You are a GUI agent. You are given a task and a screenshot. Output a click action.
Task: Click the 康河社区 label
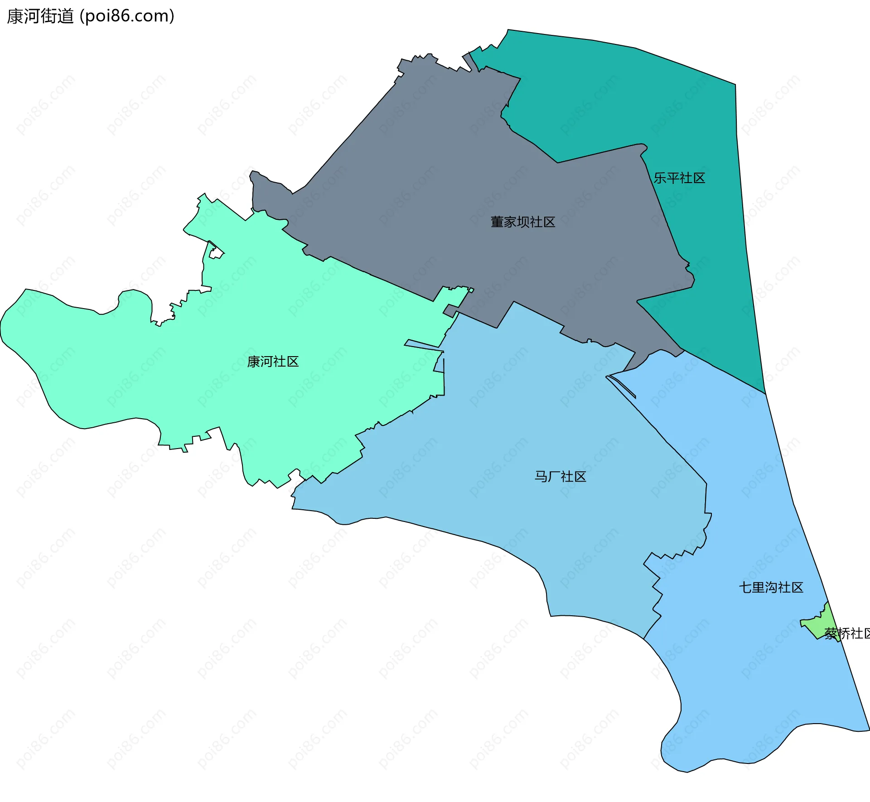point(273,362)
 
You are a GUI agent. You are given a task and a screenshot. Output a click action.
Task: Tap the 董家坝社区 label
point(523,222)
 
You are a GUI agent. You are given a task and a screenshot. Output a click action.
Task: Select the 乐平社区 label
point(679,178)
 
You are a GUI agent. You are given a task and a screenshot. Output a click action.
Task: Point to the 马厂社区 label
point(561,477)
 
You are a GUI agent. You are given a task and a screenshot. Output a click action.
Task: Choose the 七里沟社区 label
point(771,588)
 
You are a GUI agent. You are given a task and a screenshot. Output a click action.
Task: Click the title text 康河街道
point(40,16)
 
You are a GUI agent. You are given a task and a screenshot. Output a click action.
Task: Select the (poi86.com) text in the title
point(127,16)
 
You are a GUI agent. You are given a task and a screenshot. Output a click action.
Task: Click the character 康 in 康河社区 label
point(254,362)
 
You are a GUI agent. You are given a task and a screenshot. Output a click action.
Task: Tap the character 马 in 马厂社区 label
point(541,477)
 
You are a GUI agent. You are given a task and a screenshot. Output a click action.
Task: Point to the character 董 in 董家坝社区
point(497,222)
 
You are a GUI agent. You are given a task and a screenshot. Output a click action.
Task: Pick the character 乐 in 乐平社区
point(660,178)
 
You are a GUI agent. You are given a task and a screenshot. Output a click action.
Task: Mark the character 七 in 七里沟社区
point(745,588)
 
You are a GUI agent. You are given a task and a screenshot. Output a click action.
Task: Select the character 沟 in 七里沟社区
point(771,588)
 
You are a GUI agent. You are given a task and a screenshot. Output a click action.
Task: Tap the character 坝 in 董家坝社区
point(523,222)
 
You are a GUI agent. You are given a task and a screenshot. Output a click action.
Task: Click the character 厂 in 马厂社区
point(554,477)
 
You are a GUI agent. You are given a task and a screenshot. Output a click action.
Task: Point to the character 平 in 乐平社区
point(673,178)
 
